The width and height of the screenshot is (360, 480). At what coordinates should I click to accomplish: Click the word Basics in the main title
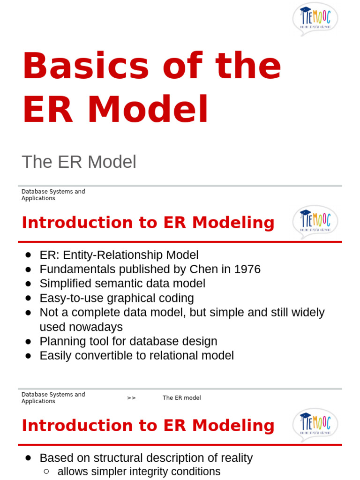85,66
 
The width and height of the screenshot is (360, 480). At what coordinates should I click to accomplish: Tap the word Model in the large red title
148,110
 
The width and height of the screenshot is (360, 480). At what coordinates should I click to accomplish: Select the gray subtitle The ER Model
79,162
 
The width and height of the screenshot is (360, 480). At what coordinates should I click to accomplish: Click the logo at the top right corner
315,19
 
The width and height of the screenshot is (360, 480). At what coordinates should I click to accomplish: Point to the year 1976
247,270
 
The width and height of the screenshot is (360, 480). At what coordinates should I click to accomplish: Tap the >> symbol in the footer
131,398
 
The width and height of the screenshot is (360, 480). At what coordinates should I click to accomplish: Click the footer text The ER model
182,398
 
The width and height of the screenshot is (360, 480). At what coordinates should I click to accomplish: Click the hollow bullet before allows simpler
46,472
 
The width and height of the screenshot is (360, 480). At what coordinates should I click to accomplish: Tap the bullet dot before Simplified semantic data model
28,284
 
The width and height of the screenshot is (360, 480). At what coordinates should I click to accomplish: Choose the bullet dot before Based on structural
28,458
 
